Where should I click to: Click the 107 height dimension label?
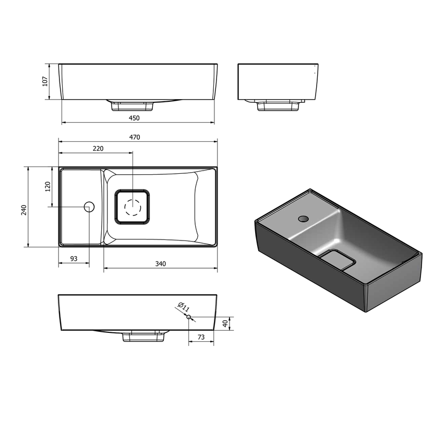point(45,81)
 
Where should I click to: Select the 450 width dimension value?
point(134,118)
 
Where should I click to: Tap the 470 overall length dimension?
point(135,137)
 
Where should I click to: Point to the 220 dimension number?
point(98,149)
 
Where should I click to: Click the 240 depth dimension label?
point(24,210)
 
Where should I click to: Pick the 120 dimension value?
point(48,187)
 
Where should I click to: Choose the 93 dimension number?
point(74,259)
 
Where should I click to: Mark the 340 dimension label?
point(161,264)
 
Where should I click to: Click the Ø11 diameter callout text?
point(183,307)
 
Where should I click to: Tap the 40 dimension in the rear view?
point(225,323)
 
